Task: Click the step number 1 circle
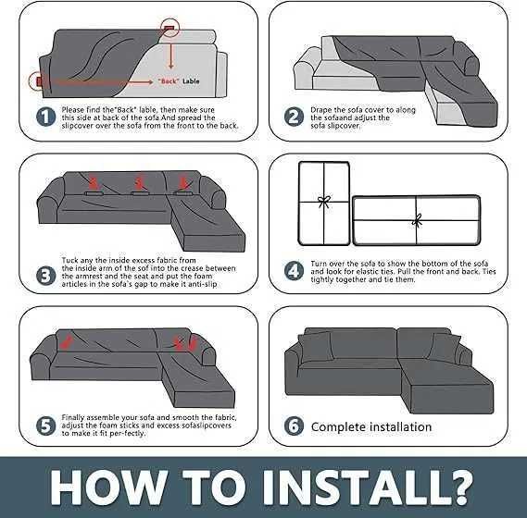coord(45,117)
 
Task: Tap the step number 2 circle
coord(294,117)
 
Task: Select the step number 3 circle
coord(45,276)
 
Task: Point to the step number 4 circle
coord(294,271)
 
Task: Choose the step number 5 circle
coord(45,425)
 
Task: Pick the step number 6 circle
coord(294,425)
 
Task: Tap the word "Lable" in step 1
coord(191,81)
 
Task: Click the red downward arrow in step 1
coord(171,55)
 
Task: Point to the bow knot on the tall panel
coord(324,202)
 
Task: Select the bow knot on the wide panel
coord(417,220)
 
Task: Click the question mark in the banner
coord(458,487)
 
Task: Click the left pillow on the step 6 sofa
coord(316,347)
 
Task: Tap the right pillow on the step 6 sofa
coord(445,348)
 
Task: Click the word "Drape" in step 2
coord(321,110)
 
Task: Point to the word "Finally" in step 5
coord(73,417)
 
